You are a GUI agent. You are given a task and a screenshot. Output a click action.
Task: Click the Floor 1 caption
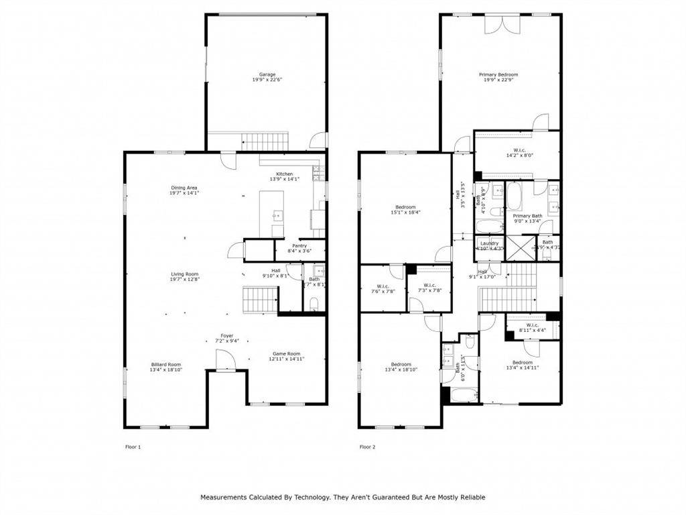(x=133, y=447)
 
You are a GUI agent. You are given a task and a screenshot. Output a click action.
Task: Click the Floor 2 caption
(x=367, y=447)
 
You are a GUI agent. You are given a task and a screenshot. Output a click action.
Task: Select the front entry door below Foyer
(x=225, y=361)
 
